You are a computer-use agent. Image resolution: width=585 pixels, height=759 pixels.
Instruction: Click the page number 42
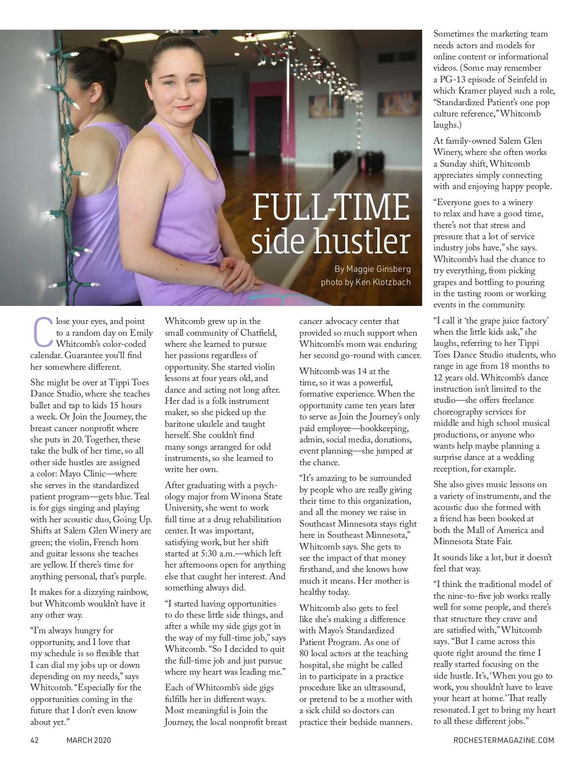click(x=35, y=740)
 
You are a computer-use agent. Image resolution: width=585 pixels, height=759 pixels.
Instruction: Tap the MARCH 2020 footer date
click(x=89, y=740)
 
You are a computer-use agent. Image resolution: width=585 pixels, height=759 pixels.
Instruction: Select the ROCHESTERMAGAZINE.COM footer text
click(x=504, y=740)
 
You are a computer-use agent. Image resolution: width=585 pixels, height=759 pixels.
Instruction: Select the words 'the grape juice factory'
click(x=496, y=321)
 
